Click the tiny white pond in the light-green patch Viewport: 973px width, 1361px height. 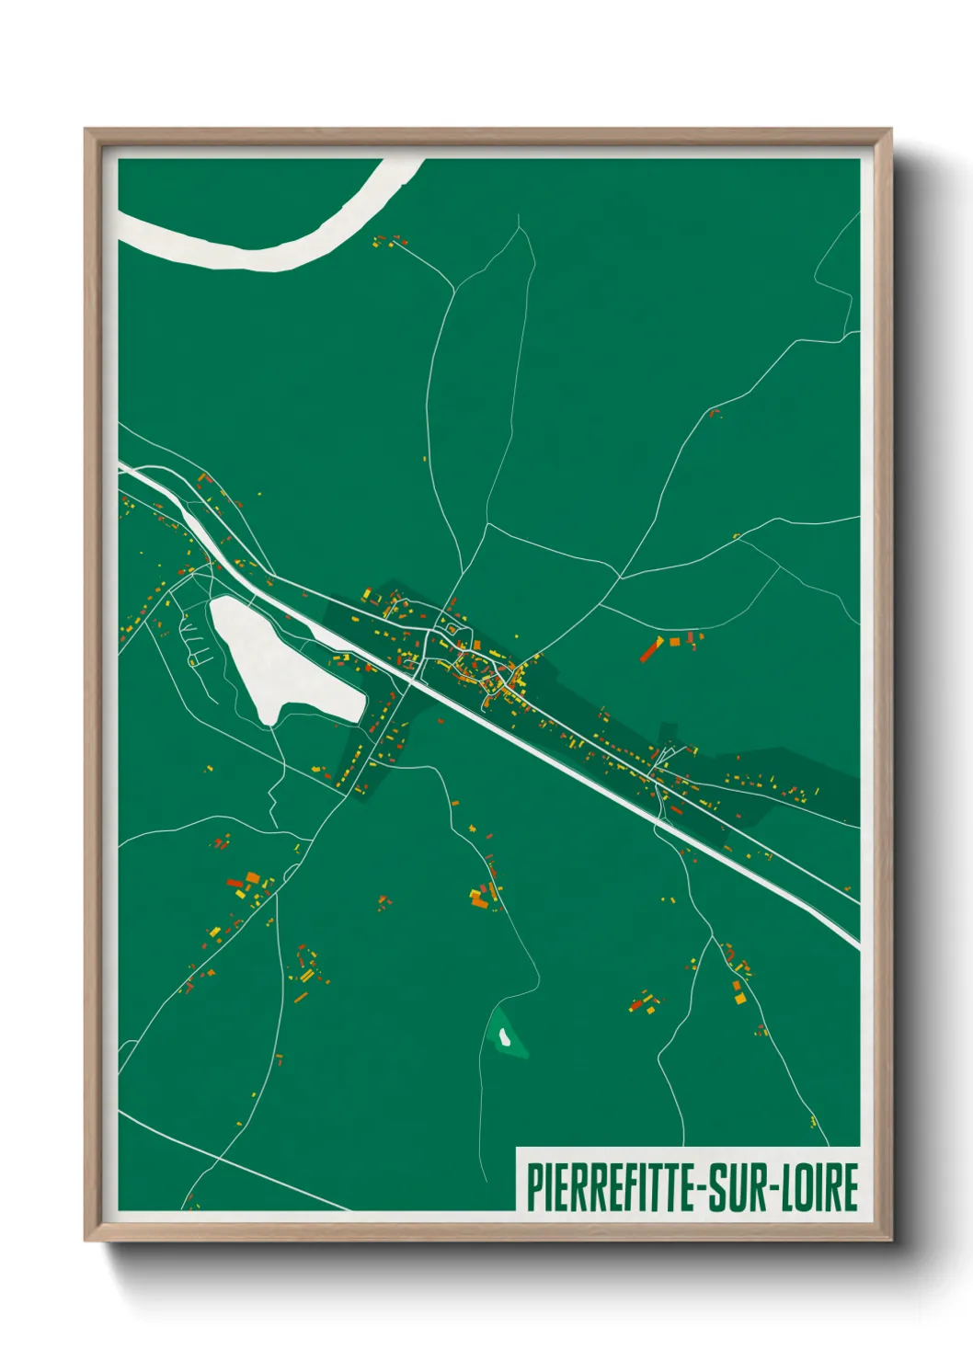pyautogui.click(x=504, y=1037)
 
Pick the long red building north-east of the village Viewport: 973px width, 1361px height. pyautogui.click(x=650, y=648)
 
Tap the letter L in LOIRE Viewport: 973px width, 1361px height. pyautogui.click(x=792, y=1187)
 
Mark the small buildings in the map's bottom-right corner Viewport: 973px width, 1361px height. pyautogui.click(x=814, y=1121)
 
